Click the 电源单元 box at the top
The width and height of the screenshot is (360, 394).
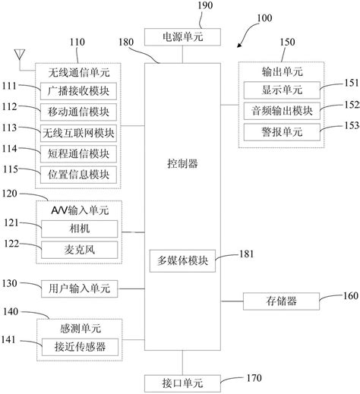(182, 36)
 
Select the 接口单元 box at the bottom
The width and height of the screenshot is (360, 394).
(182, 381)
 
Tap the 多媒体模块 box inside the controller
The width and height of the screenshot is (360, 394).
(182, 260)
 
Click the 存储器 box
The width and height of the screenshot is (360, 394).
(282, 301)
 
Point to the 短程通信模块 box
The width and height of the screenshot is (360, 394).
(79, 153)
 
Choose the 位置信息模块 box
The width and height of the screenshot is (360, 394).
(79, 172)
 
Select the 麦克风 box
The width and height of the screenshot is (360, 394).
(79, 248)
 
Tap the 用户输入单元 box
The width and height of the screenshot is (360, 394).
(79, 288)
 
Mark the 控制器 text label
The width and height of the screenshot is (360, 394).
(182, 163)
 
